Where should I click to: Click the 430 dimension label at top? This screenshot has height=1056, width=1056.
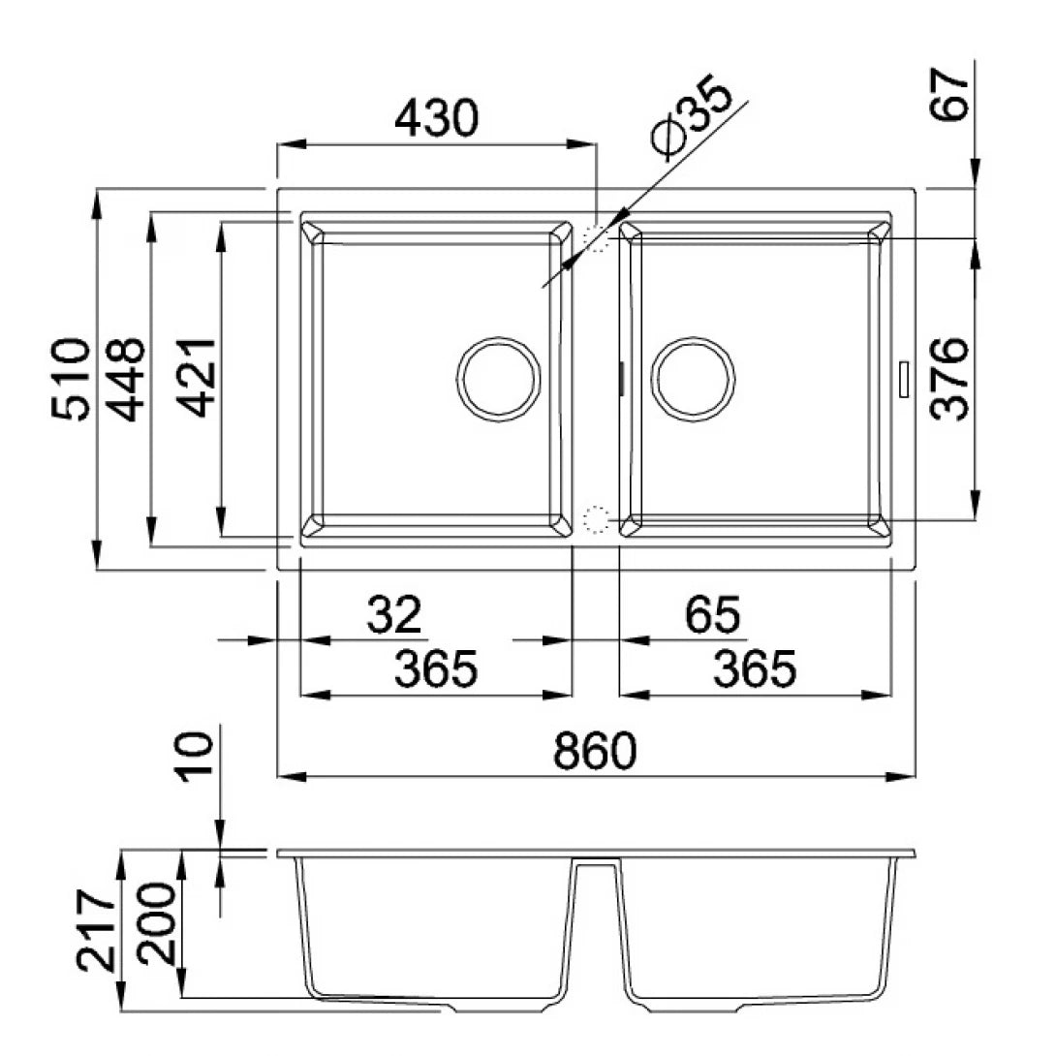(436, 118)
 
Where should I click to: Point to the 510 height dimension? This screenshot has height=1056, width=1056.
(72, 379)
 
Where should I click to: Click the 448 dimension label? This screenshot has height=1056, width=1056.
(127, 379)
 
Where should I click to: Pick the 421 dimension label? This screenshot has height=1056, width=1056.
(199, 378)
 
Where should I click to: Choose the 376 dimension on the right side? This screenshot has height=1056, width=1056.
(948, 379)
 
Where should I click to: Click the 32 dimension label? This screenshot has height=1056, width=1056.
(395, 614)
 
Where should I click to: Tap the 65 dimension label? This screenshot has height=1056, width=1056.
(712, 614)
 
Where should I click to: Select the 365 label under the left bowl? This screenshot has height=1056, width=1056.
(436, 668)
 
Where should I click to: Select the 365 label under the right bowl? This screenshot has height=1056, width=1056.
(755, 668)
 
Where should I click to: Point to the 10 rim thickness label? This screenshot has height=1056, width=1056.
(197, 757)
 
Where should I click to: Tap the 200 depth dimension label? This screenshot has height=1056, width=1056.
(157, 924)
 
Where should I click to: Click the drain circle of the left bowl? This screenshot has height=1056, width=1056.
(498, 379)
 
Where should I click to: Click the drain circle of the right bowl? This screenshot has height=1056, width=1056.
(693, 379)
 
